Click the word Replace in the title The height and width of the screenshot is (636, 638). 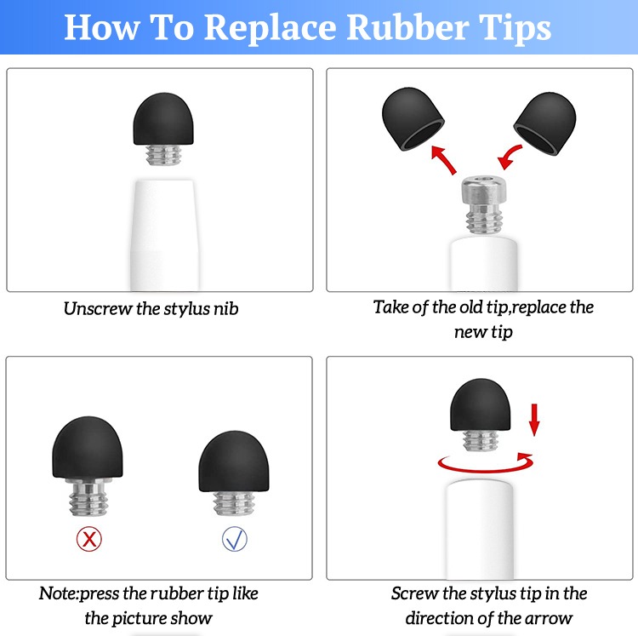click(270, 28)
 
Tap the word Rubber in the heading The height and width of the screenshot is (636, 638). click(408, 27)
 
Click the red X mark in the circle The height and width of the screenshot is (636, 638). click(89, 539)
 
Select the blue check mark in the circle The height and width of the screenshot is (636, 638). click(235, 539)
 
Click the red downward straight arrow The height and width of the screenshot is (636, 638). click(534, 420)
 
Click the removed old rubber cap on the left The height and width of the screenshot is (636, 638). click(413, 119)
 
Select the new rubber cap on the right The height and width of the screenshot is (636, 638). click(544, 123)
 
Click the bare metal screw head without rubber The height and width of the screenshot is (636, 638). click(484, 206)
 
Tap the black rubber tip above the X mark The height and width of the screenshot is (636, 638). click(88, 447)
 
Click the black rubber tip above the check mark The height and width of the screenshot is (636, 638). click(234, 461)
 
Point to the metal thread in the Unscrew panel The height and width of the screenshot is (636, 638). click(163, 155)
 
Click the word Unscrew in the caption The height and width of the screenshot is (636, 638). click(98, 309)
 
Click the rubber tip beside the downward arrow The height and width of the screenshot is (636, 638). click(480, 404)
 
